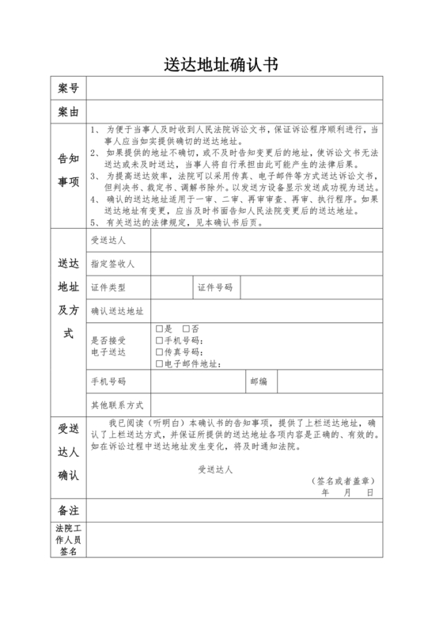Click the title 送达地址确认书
[221, 63]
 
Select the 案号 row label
[68, 86]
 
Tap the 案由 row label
[68, 112]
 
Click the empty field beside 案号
[234, 86]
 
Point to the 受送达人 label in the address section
[108, 240]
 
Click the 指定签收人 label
[113, 264]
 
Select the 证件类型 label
[108, 287]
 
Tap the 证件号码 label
[215, 287]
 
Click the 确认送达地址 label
[117, 311]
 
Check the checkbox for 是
[160, 329]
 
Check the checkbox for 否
[186, 329]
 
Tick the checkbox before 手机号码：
[160, 340]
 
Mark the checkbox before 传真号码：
[160, 352]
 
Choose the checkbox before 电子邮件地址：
[160, 364]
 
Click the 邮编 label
[259, 382]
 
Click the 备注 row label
[68, 509]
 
